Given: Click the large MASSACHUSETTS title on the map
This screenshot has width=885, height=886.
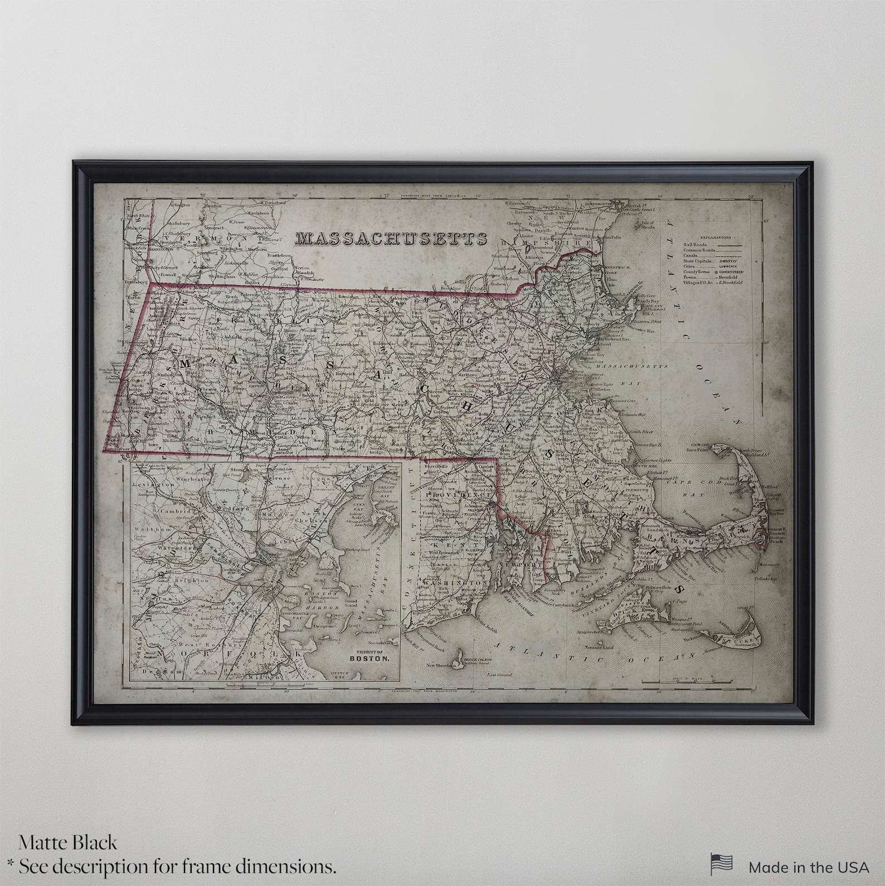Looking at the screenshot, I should [x=391, y=238].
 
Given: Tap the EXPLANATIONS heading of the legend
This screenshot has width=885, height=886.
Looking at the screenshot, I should [x=715, y=237].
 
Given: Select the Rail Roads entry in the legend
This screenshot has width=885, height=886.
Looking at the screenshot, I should [x=696, y=244].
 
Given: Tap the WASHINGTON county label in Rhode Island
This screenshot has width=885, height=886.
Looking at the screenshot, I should [x=453, y=582].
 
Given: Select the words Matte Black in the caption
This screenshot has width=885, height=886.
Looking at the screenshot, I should [x=68, y=843].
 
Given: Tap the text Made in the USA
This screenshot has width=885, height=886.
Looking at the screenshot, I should [x=809, y=867].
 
